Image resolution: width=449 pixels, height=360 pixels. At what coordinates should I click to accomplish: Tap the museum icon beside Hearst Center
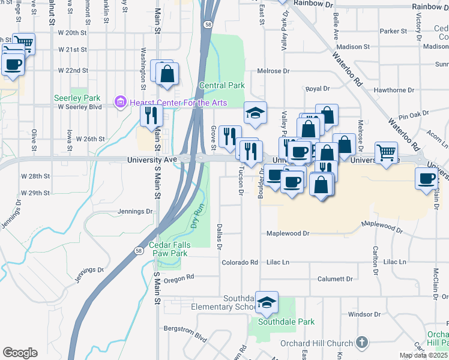point(119,103)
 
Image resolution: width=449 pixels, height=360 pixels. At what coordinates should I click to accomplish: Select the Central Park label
point(221,86)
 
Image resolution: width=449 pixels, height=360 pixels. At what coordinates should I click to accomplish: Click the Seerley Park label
point(77,97)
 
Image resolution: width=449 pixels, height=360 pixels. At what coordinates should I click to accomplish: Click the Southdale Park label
point(286,322)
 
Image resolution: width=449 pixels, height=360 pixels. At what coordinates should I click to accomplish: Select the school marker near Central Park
point(255,112)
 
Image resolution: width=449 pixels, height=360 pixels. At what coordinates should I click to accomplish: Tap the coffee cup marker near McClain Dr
point(427,179)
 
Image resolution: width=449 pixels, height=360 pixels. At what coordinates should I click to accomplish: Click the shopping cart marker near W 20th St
point(23,43)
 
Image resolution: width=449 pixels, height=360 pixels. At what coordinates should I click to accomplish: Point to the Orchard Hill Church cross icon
point(361,343)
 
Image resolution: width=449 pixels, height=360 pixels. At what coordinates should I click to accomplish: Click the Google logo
point(20,353)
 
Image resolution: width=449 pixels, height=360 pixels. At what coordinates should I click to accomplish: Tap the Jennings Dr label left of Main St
point(135,211)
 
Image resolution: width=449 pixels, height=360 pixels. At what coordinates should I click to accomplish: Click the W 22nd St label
point(73,70)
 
